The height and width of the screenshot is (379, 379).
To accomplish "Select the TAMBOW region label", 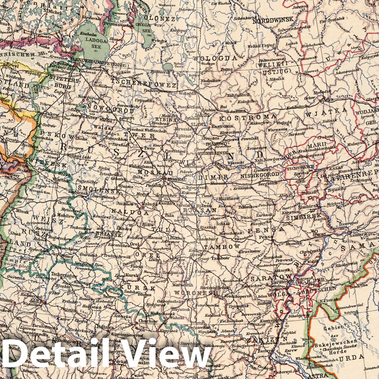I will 221,247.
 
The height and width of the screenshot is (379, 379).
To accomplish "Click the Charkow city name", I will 148,321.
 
